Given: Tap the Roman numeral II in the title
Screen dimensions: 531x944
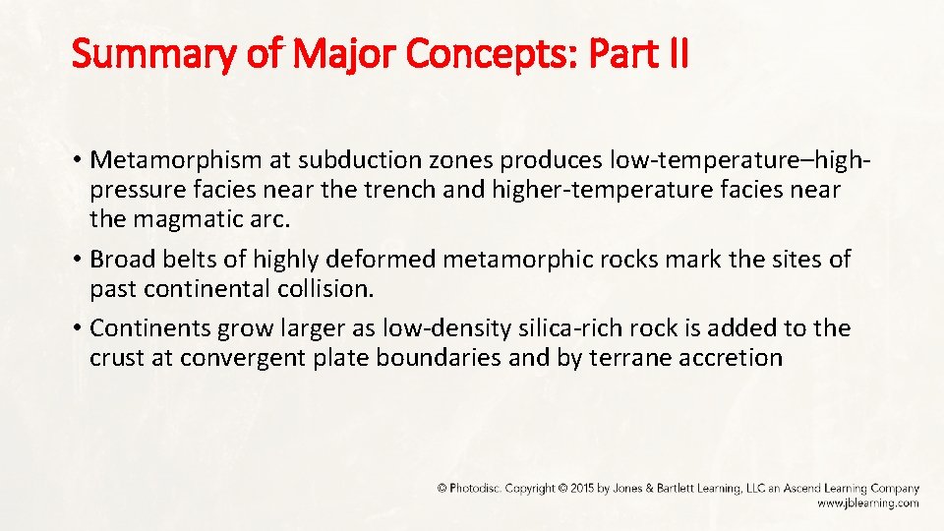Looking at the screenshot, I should coord(676,55).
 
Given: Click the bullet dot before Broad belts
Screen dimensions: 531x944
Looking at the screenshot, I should coord(78,260).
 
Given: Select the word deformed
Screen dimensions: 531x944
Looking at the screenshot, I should coord(383,260).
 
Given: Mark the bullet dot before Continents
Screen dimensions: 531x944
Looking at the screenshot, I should coord(78,328).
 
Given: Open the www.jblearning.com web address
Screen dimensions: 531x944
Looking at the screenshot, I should coord(867,502).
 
